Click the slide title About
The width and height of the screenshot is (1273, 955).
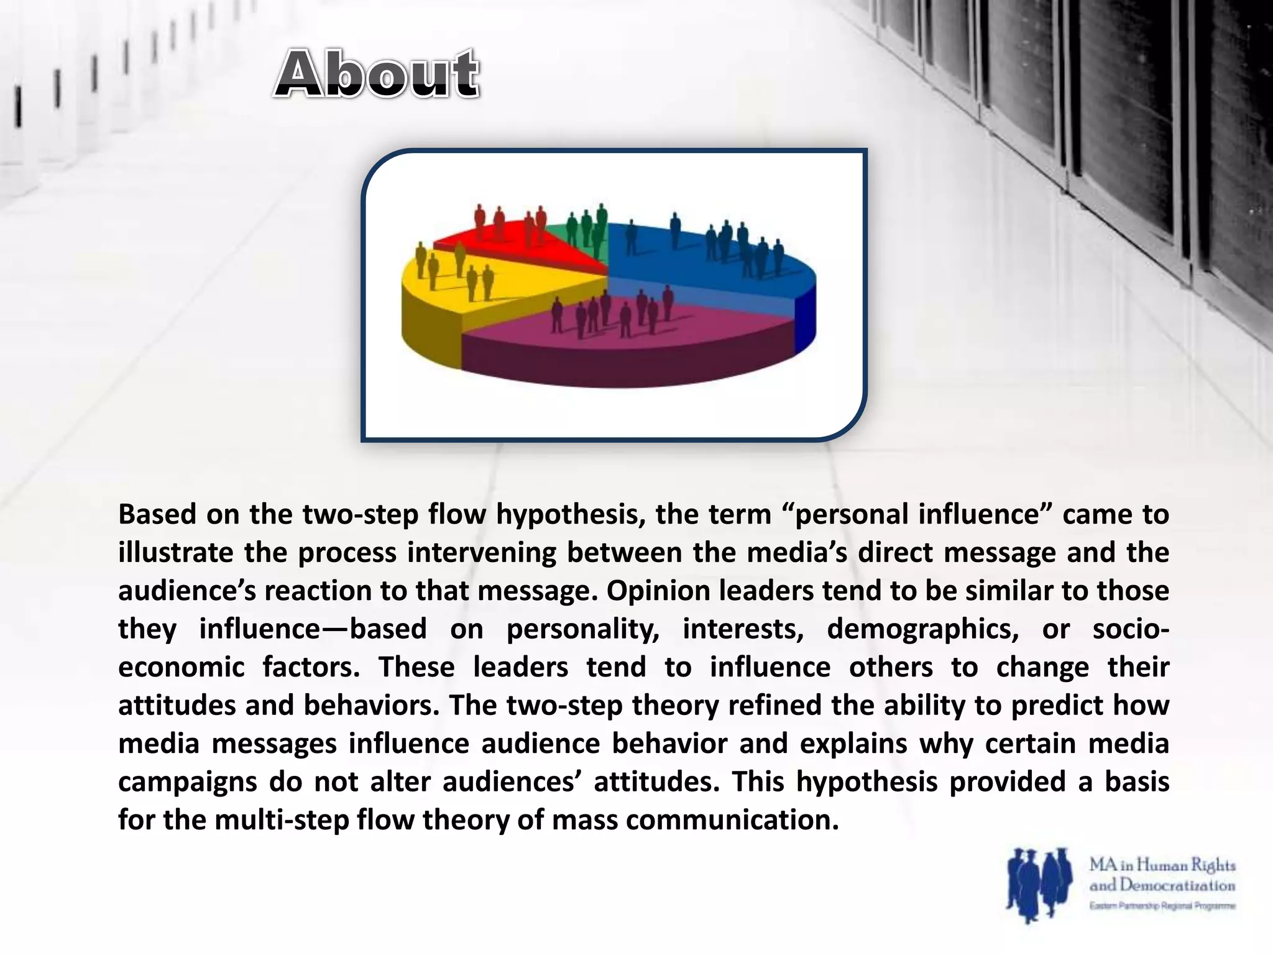pos(377,75)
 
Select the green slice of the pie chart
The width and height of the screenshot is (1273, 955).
pos(587,239)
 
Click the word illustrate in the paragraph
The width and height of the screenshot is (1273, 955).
pos(176,553)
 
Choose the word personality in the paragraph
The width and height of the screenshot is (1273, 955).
pos(582,629)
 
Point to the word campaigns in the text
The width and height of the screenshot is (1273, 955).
pos(187,782)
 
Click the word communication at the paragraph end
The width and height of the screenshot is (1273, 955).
pos(732,821)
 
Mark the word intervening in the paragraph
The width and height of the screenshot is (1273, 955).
pos(482,553)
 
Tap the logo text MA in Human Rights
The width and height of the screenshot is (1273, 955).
pos(1162,865)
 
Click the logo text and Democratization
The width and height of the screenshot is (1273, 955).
pos(1162,885)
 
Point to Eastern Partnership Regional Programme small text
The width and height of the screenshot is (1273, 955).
pos(1162,906)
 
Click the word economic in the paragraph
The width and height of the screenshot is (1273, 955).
pos(182,668)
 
